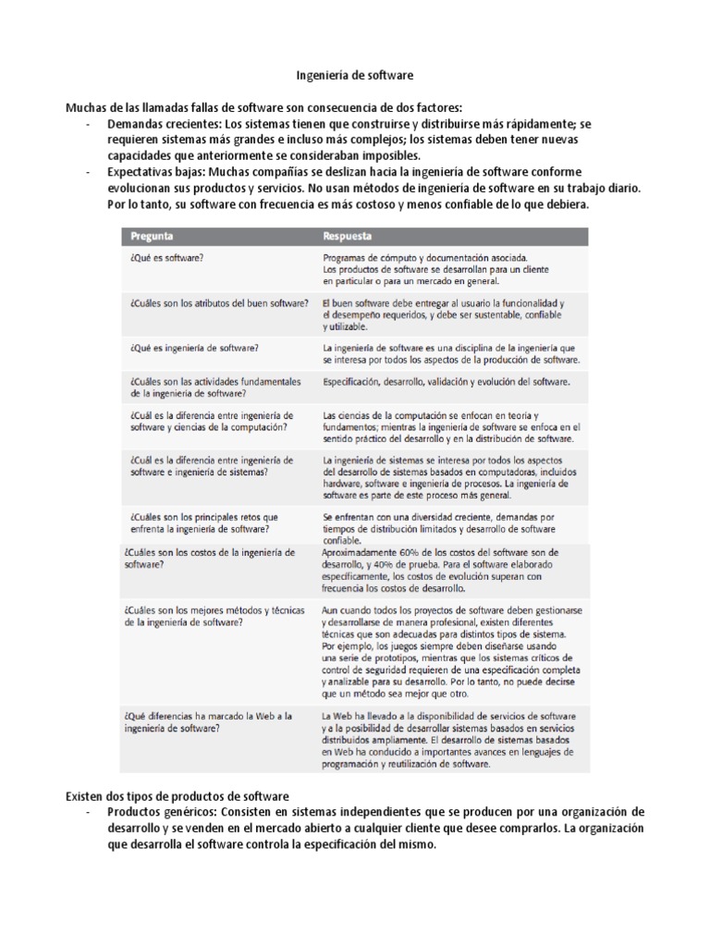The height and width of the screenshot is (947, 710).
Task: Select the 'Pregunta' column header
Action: pos(152,236)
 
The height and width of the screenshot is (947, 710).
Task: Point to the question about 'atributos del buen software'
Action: pos(214,303)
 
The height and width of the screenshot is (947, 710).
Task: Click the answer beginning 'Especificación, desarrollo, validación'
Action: pos(447,381)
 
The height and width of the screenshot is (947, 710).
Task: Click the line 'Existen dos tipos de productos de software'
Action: pos(177,795)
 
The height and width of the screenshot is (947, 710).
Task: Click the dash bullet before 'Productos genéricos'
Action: pos(86,811)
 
